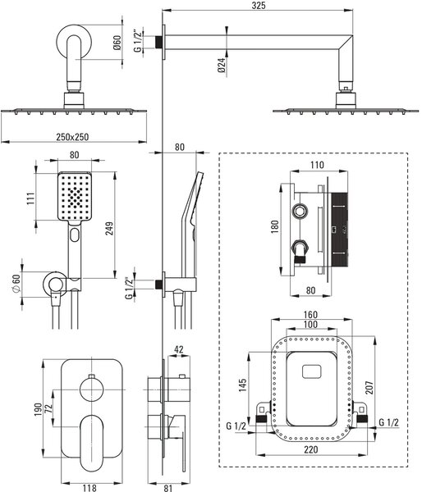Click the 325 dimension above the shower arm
[259, 6]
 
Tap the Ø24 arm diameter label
[222, 66]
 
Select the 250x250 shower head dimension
[72, 137]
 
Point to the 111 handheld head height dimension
[31, 198]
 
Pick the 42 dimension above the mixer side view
[178, 349]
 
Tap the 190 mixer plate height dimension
[38, 409]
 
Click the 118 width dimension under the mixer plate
[89, 488]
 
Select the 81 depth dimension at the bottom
[168, 488]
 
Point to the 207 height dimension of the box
[369, 388]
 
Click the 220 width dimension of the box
[311, 449]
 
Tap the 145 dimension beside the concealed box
[242, 385]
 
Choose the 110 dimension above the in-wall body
[317, 165]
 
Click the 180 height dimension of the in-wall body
[275, 227]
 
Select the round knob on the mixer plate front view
[92, 389]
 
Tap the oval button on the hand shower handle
[75, 235]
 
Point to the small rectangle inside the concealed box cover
[312, 371]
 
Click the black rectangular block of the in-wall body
[339, 229]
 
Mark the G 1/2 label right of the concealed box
[388, 422]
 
